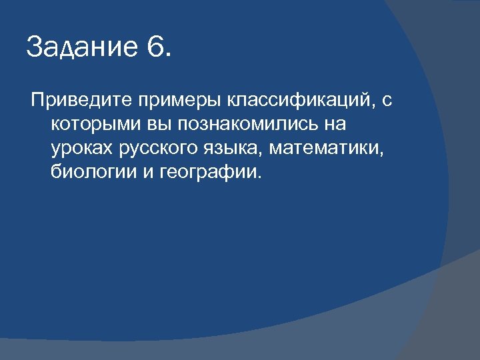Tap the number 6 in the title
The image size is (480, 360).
click(157, 48)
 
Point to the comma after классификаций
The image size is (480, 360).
click(371, 107)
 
